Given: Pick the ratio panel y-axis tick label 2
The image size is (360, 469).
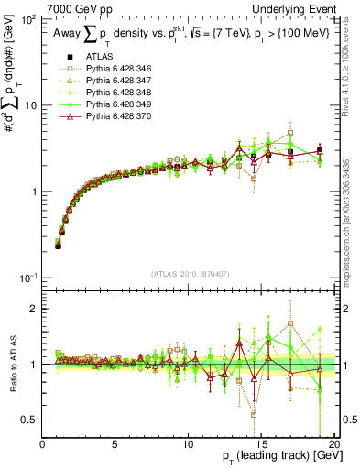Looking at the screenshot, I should click(x=35, y=309).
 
